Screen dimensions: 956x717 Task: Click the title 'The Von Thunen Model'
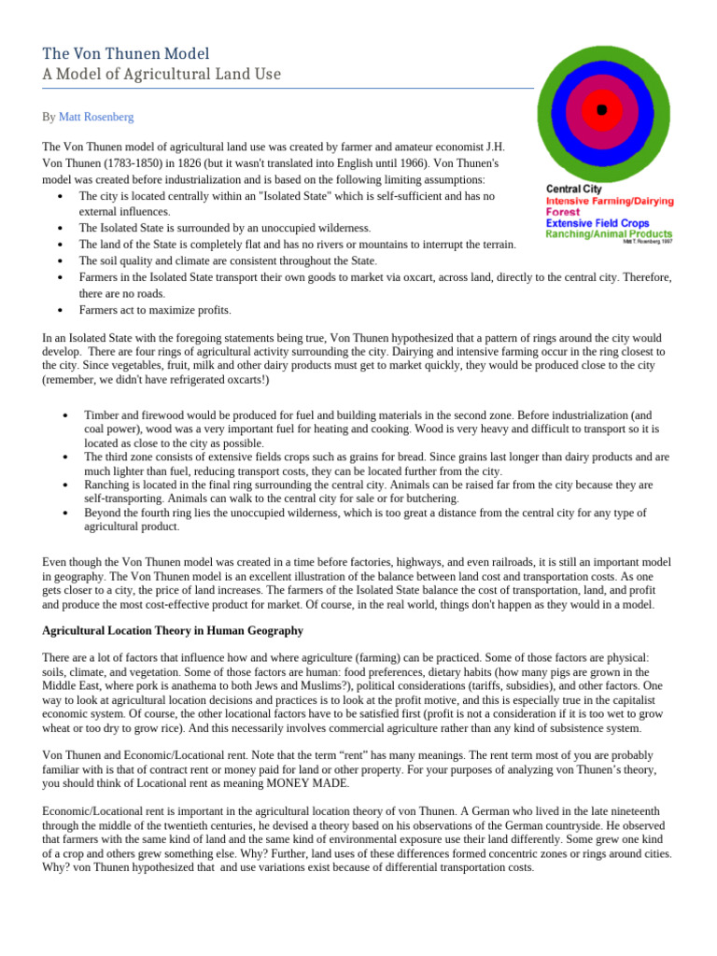point(126,53)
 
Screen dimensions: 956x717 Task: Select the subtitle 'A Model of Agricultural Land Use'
point(162,74)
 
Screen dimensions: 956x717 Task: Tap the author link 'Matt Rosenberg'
point(96,117)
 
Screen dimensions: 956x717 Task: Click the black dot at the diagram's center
point(602,110)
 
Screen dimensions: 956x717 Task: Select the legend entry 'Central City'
point(574,190)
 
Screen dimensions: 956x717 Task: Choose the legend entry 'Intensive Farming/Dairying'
point(610,201)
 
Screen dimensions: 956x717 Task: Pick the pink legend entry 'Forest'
point(563,212)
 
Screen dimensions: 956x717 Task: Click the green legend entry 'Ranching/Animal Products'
point(609,234)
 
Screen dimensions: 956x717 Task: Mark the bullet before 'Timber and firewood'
point(64,414)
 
